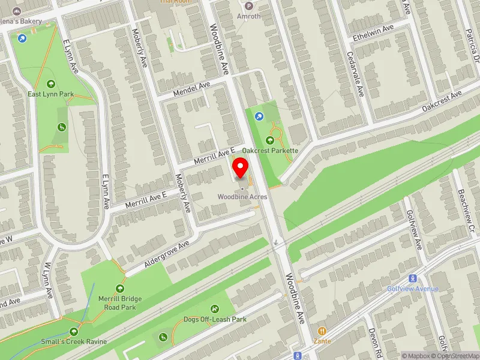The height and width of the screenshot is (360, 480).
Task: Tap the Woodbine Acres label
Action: point(242,197)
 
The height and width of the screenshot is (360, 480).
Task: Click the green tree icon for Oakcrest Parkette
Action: point(269,140)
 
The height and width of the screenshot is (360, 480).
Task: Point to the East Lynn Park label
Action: point(50,94)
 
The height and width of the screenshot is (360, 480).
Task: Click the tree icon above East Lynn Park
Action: point(50,84)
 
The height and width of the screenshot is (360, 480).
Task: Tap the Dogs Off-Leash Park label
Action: point(215,320)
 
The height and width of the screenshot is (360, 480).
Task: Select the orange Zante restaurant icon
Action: point(322,331)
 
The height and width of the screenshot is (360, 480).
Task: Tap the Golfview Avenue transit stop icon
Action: point(412,278)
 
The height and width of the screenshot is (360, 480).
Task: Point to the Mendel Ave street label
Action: point(191,89)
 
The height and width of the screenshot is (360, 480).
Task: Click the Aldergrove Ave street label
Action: point(166,254)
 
